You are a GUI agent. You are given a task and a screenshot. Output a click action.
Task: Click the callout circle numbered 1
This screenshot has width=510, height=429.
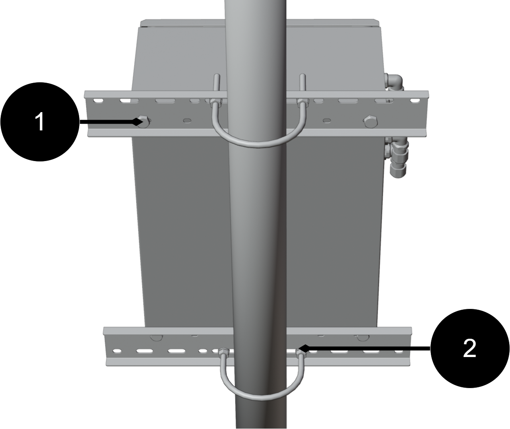[40, 122]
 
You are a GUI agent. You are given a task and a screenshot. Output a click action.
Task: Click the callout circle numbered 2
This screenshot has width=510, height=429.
[469, 348]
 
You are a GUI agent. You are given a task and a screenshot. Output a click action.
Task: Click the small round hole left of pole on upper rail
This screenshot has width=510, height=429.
[187, 120]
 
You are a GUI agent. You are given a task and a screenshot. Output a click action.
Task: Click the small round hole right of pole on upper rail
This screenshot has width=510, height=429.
[327, 120]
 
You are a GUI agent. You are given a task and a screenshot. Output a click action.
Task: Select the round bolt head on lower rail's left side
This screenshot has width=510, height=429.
[157, 338]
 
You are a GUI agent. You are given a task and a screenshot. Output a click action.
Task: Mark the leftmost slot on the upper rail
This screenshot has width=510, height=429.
[97, 100]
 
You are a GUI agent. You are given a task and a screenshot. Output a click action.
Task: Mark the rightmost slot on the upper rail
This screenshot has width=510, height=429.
[415, 100]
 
